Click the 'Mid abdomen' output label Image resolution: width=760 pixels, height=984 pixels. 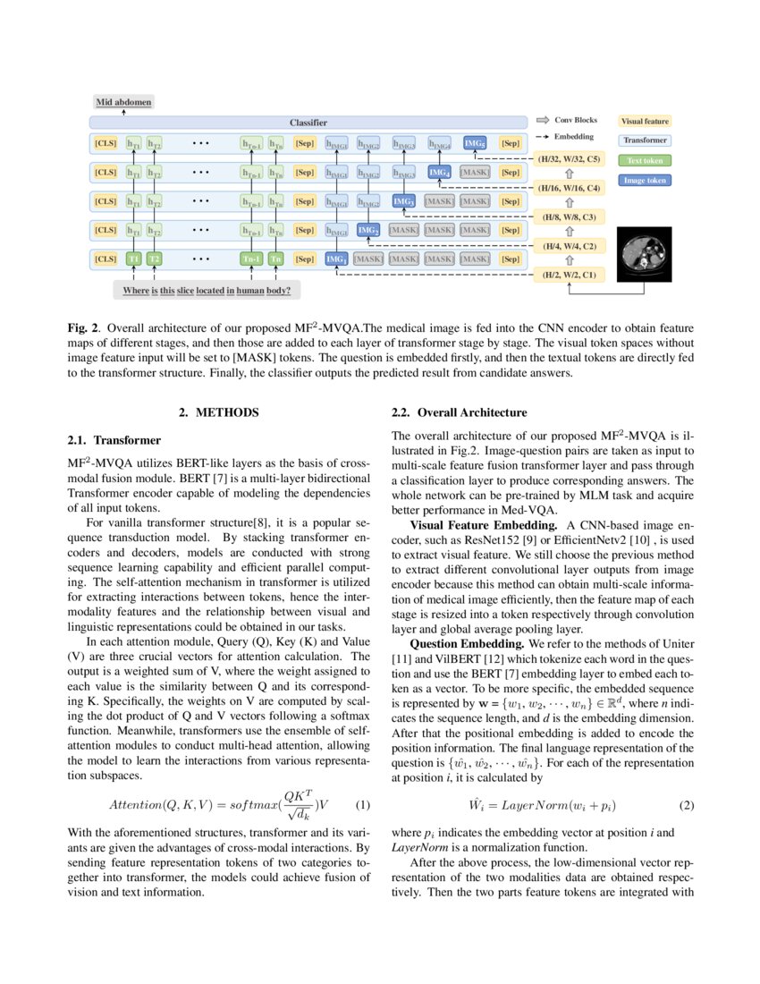[x=124, y=103]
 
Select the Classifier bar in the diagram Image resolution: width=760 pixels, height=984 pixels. [x=308, y=122]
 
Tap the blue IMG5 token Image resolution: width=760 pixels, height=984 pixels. [x=475, y=143]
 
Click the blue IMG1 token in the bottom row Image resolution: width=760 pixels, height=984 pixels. [x=336, y=259]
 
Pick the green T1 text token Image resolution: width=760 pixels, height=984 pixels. [x=133, y=259]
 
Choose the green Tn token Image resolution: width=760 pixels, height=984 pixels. [x=276, y=259]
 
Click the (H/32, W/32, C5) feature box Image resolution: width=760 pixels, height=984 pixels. [x=570, y=158]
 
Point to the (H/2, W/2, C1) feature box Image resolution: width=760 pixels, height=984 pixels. [x=570, y=275]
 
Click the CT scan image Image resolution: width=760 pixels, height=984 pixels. [x=645, y=252]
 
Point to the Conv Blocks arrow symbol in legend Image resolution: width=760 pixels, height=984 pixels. [x=542, y=120]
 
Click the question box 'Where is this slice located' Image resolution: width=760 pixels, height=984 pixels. [x=207, y=291]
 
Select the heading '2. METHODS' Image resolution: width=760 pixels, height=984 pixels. [x=219, y=412]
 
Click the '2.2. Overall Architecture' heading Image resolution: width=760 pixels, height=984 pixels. [x=460, y=412]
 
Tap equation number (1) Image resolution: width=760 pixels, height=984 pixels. [x=363, y=804]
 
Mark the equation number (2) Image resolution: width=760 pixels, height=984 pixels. [x=687, y=804]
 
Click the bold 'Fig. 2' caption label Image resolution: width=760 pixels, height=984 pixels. [x=83, y=328]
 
